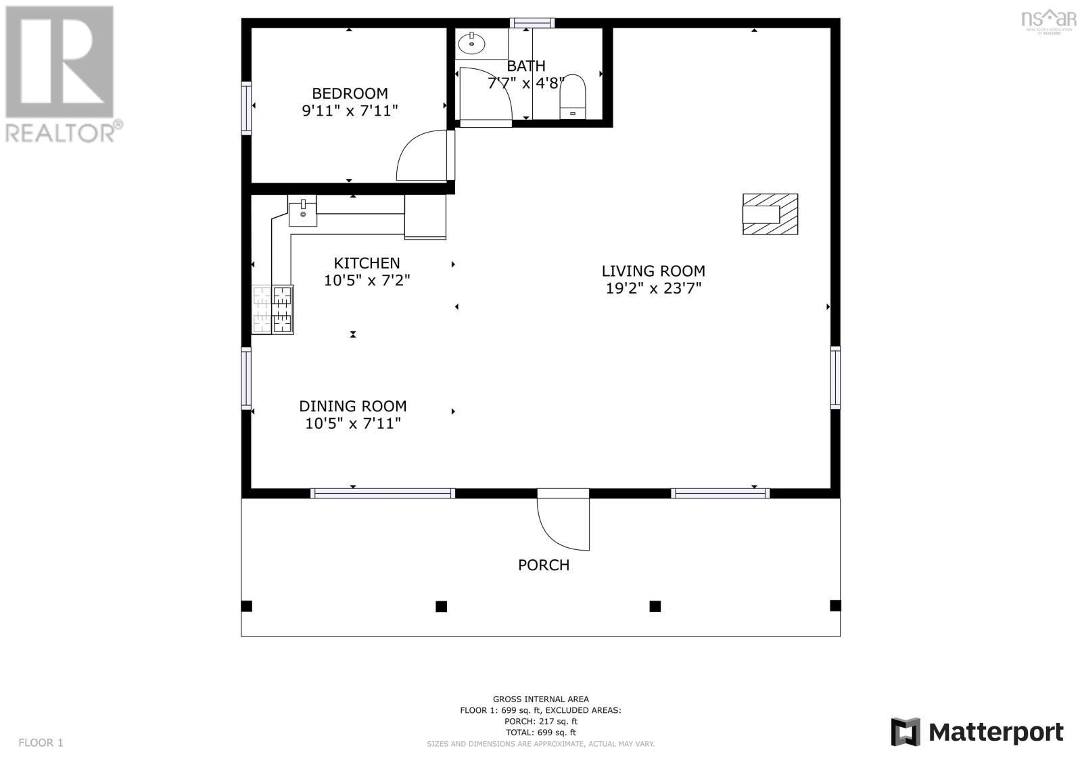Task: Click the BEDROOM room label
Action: coord(350,93)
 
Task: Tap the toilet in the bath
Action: coord(573,97)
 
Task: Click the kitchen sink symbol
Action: coord(302,210)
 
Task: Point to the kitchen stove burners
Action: coord(273,310)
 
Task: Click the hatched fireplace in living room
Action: coord(770,214)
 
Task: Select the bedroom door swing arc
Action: coord(421,156)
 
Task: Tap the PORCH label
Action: coord(544,565)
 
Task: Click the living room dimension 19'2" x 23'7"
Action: coord(653,289)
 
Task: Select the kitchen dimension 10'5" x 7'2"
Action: coord(367,280)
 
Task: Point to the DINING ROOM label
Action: coord(353,406)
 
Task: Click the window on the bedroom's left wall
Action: coord(246,108)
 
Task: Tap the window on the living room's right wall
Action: coord(835,377)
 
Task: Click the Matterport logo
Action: coord(977,732)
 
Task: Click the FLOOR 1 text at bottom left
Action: coord(41,743)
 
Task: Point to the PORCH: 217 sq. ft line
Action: coord(540,721)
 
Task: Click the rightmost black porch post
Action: coord(835,605)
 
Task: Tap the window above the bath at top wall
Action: coord(532,22)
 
